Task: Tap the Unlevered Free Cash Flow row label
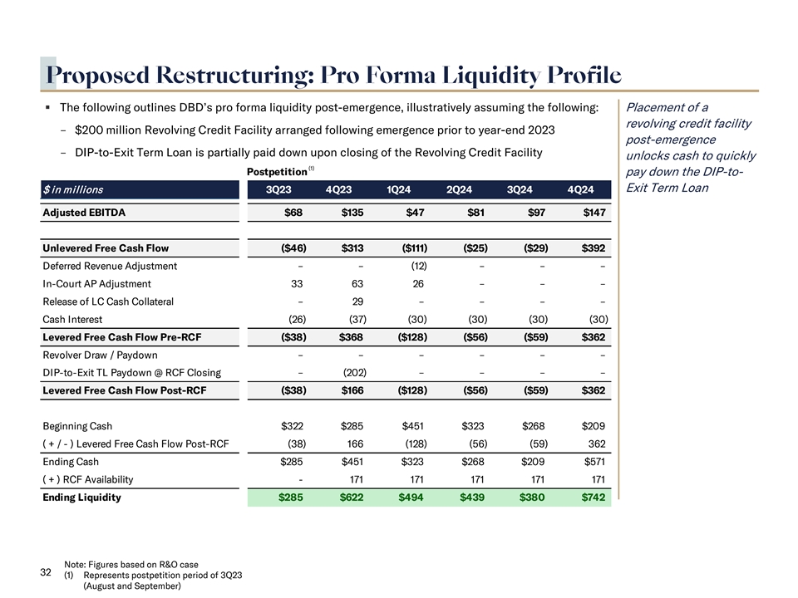coord(106,248)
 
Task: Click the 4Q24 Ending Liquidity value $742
coord(593,498)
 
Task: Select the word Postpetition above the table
coord(278,171)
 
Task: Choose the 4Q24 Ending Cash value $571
coord(594,462)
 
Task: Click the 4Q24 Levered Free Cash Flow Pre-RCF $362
coord(593,337)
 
